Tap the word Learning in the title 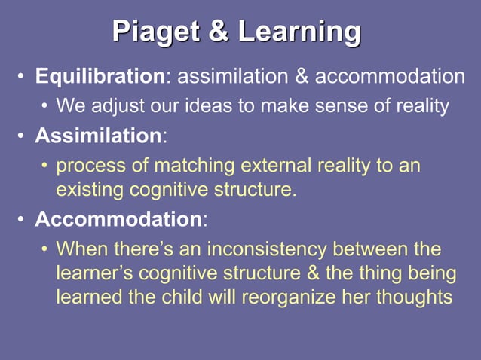click(299, 33)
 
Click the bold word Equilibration click(100, 77)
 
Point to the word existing click(90, 190)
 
